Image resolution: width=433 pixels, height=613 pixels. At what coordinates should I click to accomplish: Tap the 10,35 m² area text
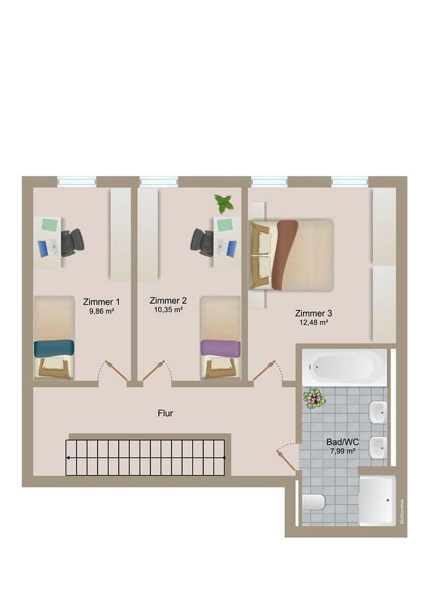coord(167,310)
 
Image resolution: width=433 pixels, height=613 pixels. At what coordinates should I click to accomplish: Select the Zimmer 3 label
coord(313,313)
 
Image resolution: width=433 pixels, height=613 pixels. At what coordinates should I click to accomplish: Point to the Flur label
coord(165,413)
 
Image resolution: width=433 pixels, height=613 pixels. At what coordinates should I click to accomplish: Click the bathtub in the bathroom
coord(344,367)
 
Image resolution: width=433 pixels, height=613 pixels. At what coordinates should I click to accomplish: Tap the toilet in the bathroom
coord(313,502)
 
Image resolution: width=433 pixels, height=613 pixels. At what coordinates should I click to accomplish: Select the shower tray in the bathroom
coord(377,500)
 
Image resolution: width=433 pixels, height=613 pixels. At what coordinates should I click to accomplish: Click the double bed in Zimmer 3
coord(291,255)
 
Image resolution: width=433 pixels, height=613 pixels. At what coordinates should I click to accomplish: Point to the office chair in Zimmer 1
coord(72,243)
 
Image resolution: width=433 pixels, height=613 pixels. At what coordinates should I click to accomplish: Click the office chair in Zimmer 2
coord(203,242)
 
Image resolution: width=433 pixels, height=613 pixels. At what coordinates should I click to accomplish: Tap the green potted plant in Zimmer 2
coord(224,203)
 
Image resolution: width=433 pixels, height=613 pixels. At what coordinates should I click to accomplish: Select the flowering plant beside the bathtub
coord(313,398)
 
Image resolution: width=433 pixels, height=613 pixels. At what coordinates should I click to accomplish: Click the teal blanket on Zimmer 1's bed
coord(54,348)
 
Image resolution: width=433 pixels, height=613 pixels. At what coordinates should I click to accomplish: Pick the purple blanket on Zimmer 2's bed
coord(221,348)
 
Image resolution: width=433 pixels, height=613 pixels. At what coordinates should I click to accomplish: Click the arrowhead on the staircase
coord(68,457)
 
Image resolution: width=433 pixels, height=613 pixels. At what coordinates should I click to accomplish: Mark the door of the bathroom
coord(287,460)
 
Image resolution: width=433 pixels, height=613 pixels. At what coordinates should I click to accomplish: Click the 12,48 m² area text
coord(313,322)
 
